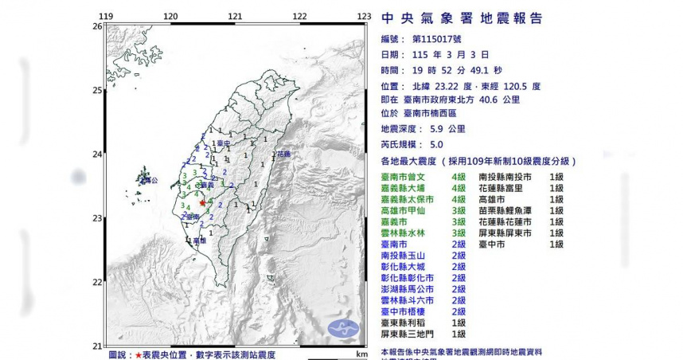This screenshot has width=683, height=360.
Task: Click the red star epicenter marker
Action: [202, 203]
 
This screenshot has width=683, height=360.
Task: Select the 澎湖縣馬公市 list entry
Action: [409, 289]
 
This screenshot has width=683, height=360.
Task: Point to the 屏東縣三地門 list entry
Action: [409, 335]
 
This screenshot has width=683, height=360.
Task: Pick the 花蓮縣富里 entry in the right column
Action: [502, 187]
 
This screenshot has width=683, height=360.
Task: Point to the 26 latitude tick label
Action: [97, 26]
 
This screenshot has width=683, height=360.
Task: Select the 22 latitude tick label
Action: [97, 282]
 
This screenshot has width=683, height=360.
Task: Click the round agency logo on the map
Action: [343, 327]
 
